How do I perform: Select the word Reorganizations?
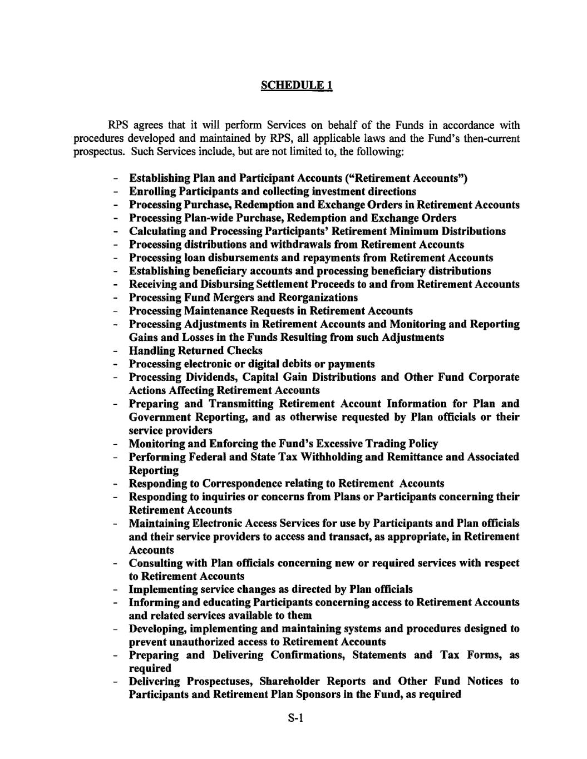tap(318, 297)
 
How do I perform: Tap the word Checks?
tap(244, 351)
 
